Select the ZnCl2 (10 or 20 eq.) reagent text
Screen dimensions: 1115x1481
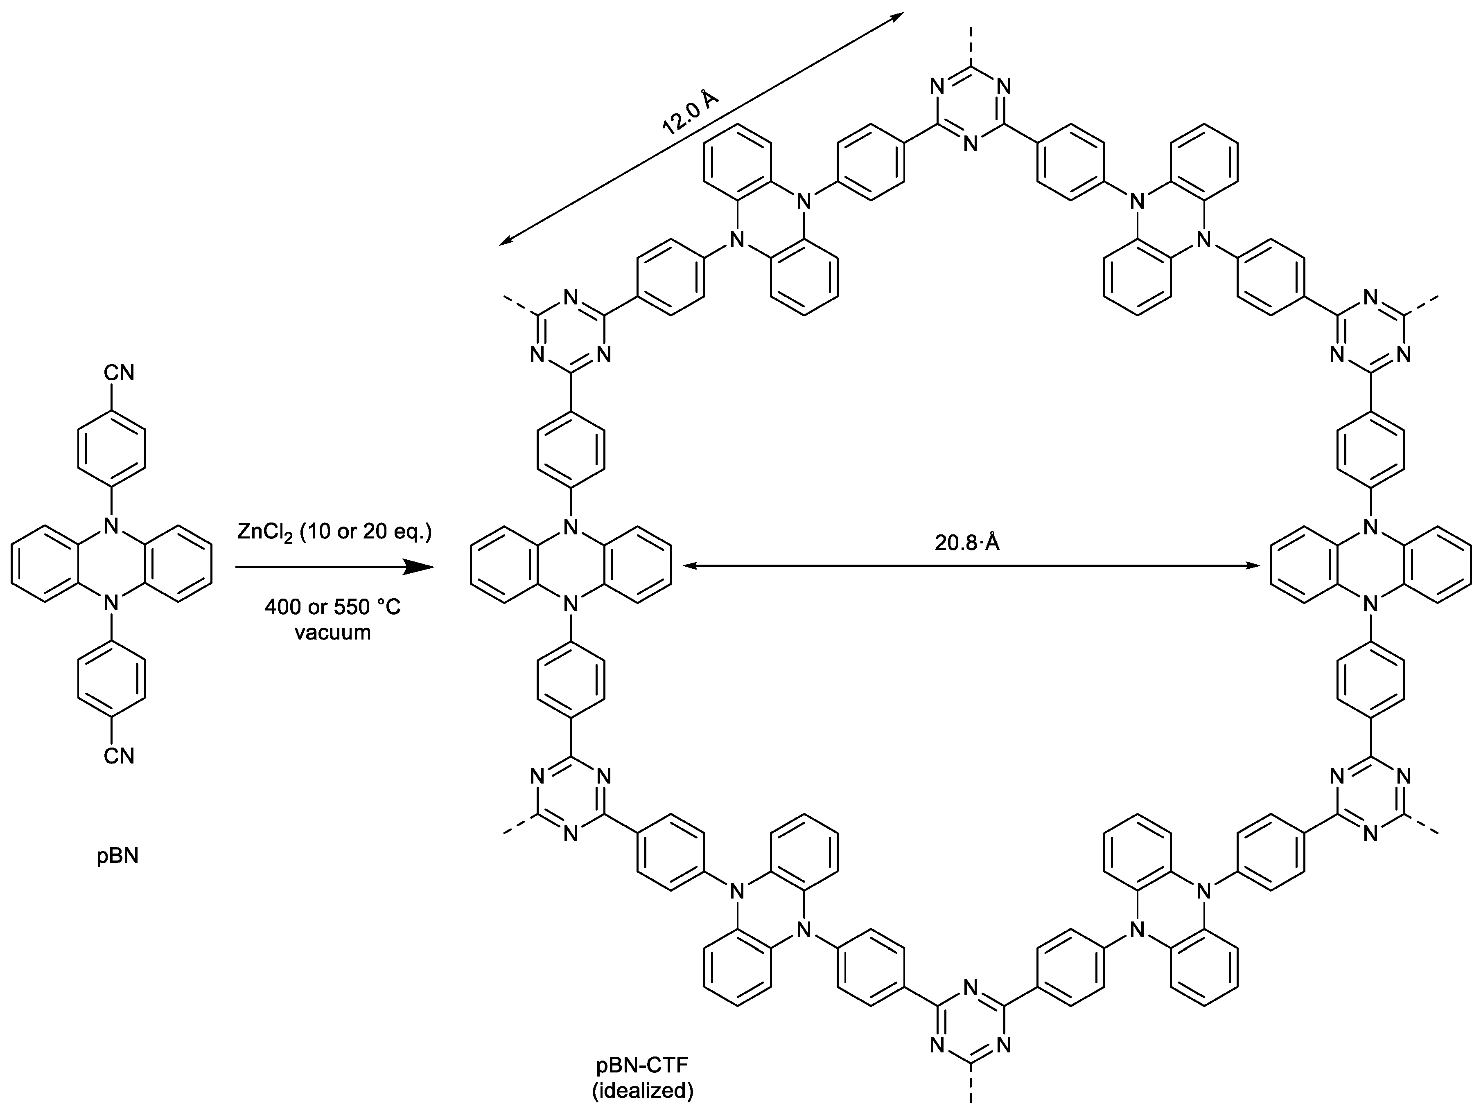pos(334,533)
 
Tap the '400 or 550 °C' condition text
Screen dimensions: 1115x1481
pos(333,607)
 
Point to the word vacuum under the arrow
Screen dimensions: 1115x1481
pos(333,633)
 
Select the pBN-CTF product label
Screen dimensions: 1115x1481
pos(641,1065)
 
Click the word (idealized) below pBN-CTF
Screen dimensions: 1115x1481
pos(641,1091)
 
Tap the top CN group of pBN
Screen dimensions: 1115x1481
pos(119,373)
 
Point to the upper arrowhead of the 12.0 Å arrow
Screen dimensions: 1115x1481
pos(897,17)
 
